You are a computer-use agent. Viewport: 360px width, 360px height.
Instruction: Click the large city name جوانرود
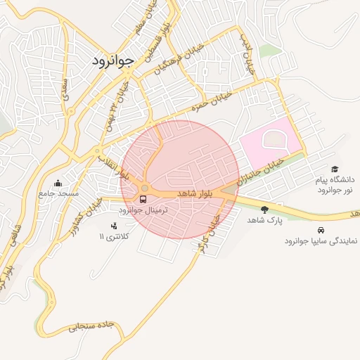coord(112,61)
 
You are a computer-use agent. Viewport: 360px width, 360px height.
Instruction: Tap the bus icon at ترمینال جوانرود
coord(143,199)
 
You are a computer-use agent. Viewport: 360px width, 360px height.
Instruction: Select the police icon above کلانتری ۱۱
coord(113,226)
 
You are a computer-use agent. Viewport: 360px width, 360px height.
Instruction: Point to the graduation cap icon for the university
coord(335,169)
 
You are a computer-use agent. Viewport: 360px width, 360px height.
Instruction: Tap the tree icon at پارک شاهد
coord(264,209)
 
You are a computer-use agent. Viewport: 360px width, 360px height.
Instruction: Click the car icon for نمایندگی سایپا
coord(321,230)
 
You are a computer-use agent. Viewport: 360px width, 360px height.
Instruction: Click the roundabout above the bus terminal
coord(145,188)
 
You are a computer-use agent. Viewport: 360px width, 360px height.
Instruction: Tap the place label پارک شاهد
coord(264,220)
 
